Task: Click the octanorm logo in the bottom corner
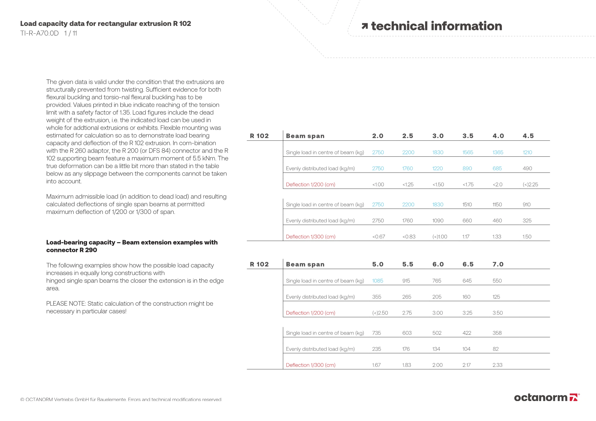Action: tap(547, 397)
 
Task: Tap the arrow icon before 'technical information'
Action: tap(364, 26)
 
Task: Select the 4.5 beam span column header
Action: tap(528, 136)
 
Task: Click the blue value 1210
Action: tap(527, 152)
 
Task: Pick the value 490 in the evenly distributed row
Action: tap(527, 168)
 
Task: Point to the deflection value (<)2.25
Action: tap(530, 184)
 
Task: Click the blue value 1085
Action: tap(378, 281)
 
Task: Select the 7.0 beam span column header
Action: tap(498, 264)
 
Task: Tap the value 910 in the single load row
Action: tap(527, 204)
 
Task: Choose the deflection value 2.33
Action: tap(497, 365)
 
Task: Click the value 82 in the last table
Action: tap(496, 349)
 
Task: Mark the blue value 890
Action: tap(467, 168)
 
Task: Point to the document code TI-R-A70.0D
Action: tap(39, 33)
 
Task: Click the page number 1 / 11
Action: tap(71, 33)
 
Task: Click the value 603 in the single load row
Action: tap(407, 333)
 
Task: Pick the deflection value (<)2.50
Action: tap(380, 313)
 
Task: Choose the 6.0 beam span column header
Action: tap(438, 264)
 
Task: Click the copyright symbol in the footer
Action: tap(22, 400)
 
